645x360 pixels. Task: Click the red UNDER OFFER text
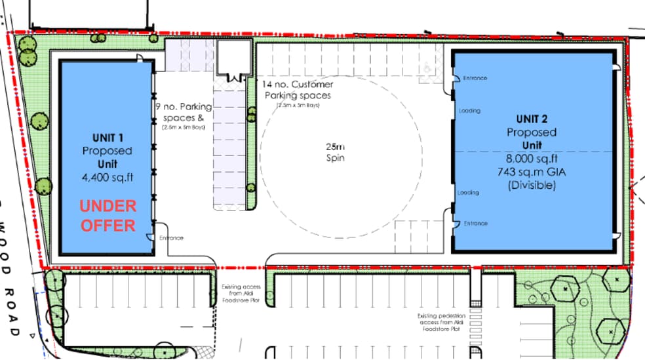[108, 216]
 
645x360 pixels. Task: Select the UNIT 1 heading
[107, 138]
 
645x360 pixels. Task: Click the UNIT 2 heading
[533, 119]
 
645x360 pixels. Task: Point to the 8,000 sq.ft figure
[533, 158]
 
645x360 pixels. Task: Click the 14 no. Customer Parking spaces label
[298, 90]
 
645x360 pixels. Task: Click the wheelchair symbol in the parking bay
[428, 67]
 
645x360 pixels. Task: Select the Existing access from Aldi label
[241, 293]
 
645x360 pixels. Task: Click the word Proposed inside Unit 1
[107, 151]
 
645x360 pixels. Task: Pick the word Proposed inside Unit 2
[533, 132]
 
